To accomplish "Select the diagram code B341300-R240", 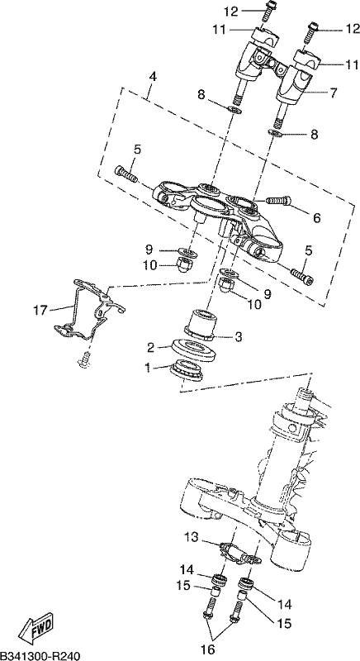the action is pyautogui.click(x=40, y=655).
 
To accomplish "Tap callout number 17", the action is pyautogui.click(x=41, y=311).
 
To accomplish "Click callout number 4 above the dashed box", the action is pyautogui.click(x=153, y=77).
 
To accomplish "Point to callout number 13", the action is pyautogui.click(x=192, y=538).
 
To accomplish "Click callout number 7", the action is pyautogui.click(x=333, y=93).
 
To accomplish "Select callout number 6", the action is pyautogui.click(x=316, y=217).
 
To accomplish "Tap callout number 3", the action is pyautogui.click(x=239, y=336).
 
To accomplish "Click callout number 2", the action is pyautogui.click(x=151, y=347).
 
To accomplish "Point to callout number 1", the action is pyautogui.click(x=148, y=368).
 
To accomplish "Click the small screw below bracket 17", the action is pyautogui.click(x=84, y=360).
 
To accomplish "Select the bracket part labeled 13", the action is pyautogui.click(x=240, y=554).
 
